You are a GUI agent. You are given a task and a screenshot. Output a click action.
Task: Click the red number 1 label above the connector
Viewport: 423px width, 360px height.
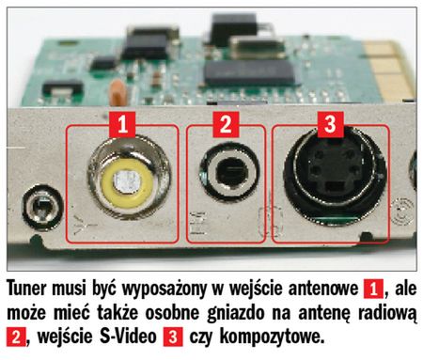point(122,124)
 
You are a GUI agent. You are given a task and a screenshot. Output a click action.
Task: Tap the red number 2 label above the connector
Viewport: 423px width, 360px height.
point(226,124)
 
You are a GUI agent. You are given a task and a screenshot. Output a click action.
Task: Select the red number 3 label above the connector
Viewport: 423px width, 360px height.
point(330,124)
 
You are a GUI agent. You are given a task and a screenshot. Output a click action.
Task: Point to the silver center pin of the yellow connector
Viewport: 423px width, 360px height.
point(127,182)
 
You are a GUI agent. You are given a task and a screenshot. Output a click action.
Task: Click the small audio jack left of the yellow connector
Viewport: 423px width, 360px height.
point(41,207)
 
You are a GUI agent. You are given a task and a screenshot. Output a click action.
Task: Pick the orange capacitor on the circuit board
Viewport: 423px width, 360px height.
point(118,93)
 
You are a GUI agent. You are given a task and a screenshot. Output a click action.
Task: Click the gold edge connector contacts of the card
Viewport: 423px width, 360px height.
point(387,70)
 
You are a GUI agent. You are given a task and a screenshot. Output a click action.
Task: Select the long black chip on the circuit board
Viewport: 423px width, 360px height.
point(250,72)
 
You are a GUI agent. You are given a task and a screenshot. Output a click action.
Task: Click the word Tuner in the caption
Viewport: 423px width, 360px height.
point(26,289)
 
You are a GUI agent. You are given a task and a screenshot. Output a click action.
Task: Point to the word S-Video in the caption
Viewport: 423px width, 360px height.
point(128,337)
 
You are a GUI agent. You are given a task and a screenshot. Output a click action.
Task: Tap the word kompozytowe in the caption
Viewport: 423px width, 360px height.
point(272,337)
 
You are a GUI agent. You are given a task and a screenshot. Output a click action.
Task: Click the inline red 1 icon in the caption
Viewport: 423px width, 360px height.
point(373,289)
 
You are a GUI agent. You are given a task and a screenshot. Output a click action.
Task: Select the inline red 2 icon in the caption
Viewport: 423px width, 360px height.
point(16,337)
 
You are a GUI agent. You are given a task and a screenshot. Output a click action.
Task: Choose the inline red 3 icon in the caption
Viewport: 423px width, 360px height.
point(173,337)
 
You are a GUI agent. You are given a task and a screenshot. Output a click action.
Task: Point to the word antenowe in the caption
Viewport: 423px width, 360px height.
point(323,289)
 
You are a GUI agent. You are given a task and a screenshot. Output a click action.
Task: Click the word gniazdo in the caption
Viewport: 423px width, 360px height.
point(236,313)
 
